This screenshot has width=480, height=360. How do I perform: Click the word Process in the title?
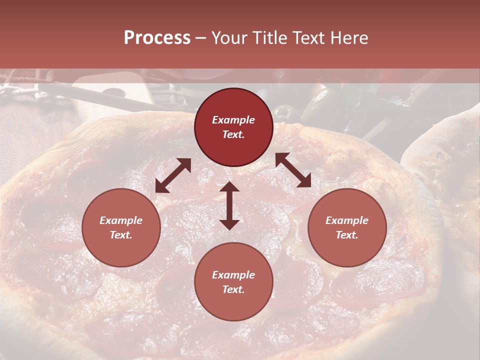click(x=157, y=38)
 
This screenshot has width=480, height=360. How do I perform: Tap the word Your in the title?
click(x=229, y=38)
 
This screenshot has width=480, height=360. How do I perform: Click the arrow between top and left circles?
click(x=173, y=175)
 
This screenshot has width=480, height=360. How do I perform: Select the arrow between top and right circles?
click(x=293, y=170)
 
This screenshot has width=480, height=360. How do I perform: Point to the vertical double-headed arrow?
click(x=229, y=206)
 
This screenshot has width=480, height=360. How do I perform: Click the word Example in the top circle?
click(x=233, y=120)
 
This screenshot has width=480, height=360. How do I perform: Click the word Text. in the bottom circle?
click(x=233, y=289)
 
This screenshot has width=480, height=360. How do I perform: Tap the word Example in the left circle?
click(x=121, y=220)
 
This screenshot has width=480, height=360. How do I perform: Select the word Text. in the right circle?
click(x=347, y=235)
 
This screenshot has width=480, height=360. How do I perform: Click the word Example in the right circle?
click(x=347, y=220)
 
